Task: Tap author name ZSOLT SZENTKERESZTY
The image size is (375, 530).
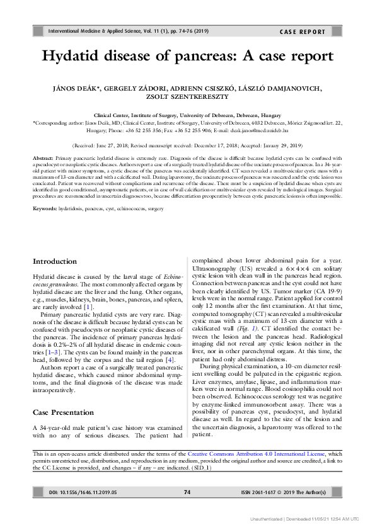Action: (187, 98)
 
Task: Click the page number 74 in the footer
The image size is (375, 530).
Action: (187, 492)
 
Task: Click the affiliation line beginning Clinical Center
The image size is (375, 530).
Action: (187, 116)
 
